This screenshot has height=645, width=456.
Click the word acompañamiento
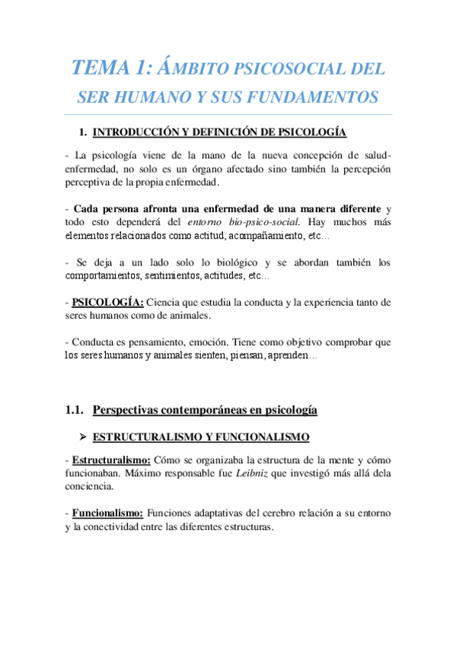pyautogui.click(x=261, y=237)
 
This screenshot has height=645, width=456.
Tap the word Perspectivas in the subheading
pyautogui.click(x=126, y=411)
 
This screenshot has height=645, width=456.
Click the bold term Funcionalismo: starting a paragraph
pyautogui.click(x=107, y=513)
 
